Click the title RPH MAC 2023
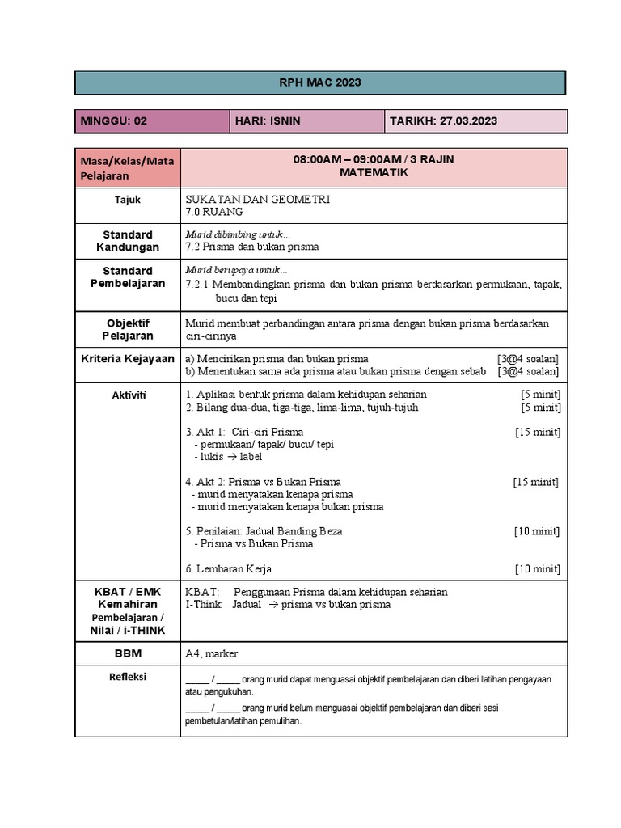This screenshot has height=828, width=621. (x=320, y=82)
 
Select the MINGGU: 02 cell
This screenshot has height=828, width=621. (x=114, y=121)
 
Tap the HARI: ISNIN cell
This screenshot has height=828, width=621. (x=267, y=121)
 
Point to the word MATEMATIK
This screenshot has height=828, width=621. (x=374, y=173)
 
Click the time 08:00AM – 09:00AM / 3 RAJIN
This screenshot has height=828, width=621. (x=374, y=159)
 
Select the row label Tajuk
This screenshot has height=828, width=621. (x=127, y=199)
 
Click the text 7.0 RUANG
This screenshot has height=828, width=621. (x=214, y=212)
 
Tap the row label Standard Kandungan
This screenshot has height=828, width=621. (x=127, y=241)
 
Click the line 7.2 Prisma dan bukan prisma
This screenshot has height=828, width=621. (x=252, y=247)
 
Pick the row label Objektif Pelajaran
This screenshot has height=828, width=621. (x=127, y=329)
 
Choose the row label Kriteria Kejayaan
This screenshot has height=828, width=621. (x=127, y=358)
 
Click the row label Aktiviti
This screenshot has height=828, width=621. (x=127, y=395)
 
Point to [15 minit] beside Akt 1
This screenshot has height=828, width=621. (x=538, y=432)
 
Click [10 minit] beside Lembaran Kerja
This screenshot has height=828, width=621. (x=538, y=569)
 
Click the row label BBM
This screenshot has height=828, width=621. (x=127, y=653)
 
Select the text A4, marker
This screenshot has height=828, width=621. (x=212, y=653)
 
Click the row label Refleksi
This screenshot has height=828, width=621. (x=127, y=677)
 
